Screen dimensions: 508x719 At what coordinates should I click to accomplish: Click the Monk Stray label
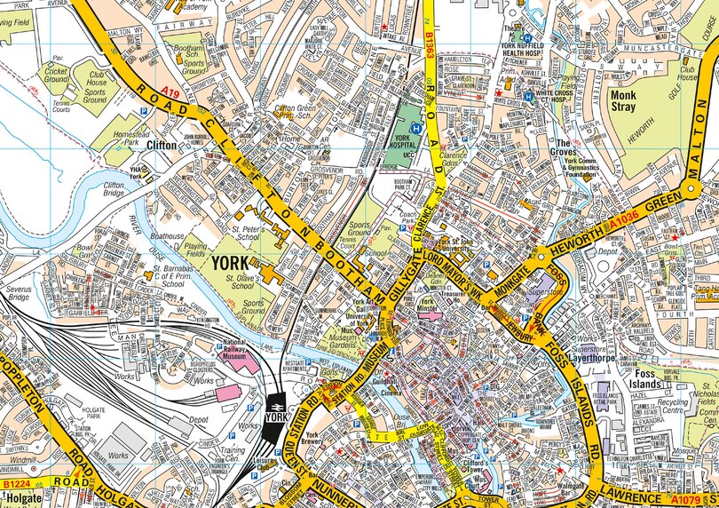624,99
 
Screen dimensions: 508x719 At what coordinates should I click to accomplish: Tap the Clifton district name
162,143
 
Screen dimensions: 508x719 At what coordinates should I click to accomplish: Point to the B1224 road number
16,483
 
